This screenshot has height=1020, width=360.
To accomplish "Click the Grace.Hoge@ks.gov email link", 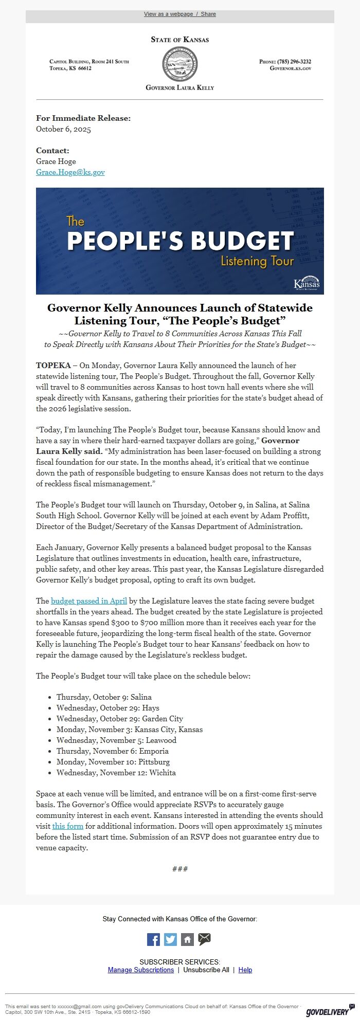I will [70, 172].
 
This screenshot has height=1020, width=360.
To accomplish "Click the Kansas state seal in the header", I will [179, 64].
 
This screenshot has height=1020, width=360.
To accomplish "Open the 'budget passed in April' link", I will [89, 601].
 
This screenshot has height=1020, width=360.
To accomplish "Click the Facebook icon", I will [154, 939].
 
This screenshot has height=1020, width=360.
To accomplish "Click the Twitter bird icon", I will [170, 939].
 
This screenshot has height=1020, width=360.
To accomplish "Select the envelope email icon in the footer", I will [205, 939].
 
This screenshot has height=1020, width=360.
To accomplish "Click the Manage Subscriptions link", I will [141, 970].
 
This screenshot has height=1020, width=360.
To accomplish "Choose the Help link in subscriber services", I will [245, 970].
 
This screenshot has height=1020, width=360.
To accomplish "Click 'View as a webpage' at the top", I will [168, 14].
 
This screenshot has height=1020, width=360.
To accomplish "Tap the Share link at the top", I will [208, 14].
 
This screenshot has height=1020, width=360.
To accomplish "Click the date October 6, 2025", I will [63, 129].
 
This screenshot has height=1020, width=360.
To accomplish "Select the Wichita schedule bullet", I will [116, 773].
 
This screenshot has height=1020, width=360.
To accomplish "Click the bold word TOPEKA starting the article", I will [53, 366].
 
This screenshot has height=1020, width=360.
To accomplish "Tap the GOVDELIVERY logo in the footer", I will [327, 1011].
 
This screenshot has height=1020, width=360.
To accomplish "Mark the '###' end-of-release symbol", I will [180, 869].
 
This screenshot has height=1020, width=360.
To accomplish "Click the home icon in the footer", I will [187, 939].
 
